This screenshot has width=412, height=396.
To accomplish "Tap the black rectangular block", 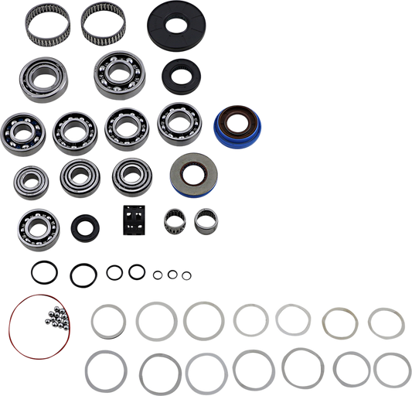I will [x=132, y=222].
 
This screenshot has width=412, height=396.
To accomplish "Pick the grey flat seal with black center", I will [x=187, y=172].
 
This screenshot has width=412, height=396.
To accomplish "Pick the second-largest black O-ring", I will [x=81, y=273].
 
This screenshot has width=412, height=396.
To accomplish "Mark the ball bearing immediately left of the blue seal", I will [x=179, y=124].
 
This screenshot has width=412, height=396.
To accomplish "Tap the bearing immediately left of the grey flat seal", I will [x=131, y=176].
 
